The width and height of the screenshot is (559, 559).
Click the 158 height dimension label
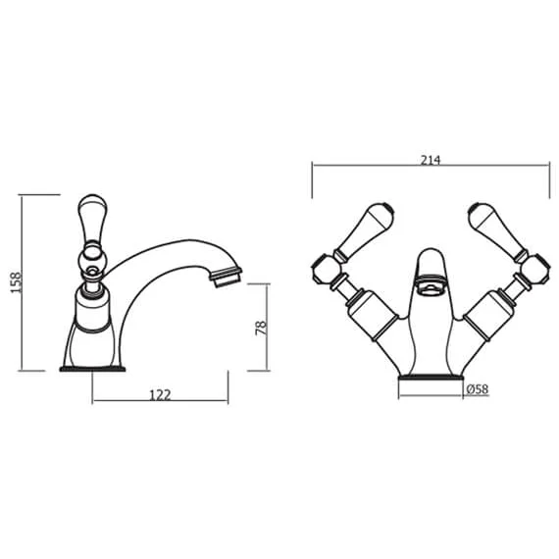(x=16, y=282)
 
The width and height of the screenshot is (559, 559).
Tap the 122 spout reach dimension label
(x=160, y=395)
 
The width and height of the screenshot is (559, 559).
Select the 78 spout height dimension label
(x=261, y=328)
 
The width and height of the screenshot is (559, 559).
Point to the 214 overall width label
(x=431, y=161)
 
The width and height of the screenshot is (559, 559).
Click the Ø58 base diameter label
(x=478, y=389)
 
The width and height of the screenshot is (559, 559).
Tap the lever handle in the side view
(x=92, y=218)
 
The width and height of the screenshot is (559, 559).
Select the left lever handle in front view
(x=365, y=230)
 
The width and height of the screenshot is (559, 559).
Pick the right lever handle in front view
(x=498, y=230)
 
